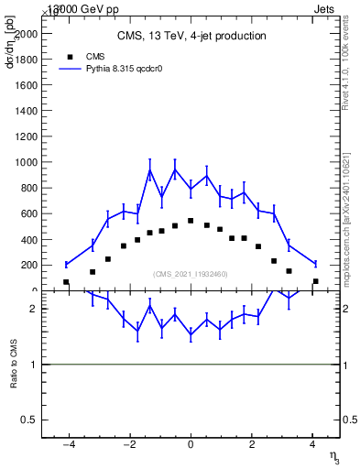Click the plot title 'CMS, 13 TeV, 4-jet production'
(191, 36)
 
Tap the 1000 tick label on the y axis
(27, 162)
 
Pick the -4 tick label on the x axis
(67, 445)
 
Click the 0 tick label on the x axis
(191, 445)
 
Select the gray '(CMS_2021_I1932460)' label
(191, 274)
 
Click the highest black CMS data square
(191, 221)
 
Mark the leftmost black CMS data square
(66, 282)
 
